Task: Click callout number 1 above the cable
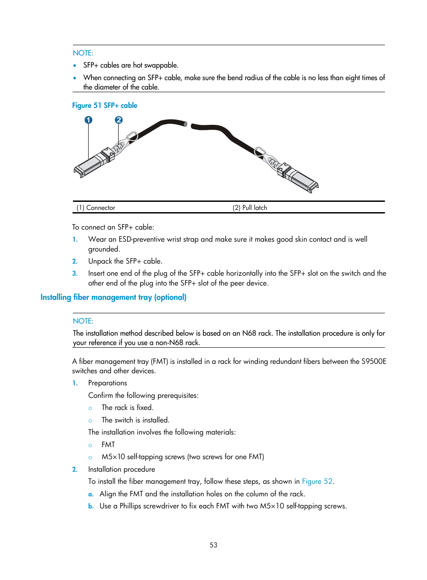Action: coord(89,120)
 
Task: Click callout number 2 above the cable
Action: coord(119,120)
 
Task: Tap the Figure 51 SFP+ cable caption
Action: coord(105,106)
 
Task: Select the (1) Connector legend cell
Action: coord(96,208)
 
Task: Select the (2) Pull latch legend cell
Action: coord(250,208)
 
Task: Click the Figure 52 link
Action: coord(317,482)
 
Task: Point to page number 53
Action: coord(213,545)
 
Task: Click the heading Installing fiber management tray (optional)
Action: coord(113,297)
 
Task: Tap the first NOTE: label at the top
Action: coord(83,53)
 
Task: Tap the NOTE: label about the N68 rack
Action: coord(83,321)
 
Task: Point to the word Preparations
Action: coord(107,383)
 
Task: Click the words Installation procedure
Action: coord(121,469)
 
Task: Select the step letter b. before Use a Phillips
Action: coord(91,506)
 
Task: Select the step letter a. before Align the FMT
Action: coord(91,494)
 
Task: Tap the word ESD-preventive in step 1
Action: coord(141,239)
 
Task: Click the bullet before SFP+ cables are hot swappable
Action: coord(75,65)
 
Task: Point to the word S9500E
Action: coord(374,362)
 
